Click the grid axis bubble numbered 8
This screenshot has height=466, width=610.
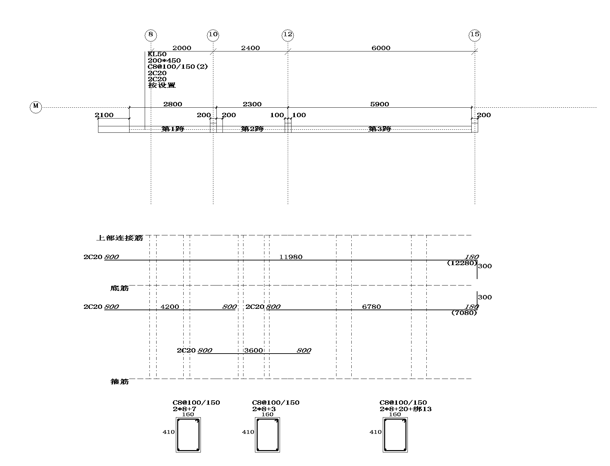pyautogui.click(x=151, y=35)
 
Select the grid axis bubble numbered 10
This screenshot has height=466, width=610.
pyautogui.click(x=213, y=35)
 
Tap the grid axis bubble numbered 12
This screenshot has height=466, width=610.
pyautogui.click(x=288, y=35)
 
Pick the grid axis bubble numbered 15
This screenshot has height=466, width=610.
pyautogui.click(x=475, y=35)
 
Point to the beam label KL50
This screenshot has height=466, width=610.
pyautogui.click(x=157, y=54)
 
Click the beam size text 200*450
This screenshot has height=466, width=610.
pyautogui.click(x=164, y=61)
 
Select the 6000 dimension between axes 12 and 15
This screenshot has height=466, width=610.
pyautogui.click(x=381, y=48)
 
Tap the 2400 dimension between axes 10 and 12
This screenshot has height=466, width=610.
pyautogui.click(x=251, y=48)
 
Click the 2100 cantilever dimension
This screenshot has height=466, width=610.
pyautogui.click(x=104, y=115)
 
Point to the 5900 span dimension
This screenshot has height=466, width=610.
pyautogui.click(x=380, y=104)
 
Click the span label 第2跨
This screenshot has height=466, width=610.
pyautogui.click(x=252, y=129)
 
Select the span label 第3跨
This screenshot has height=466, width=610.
pyautogui.click(x=380, y=129)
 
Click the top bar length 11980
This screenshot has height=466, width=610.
pyautogui.click(x=291, y=257)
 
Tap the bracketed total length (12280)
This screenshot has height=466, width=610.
pyautogui.click(x=462, y=263)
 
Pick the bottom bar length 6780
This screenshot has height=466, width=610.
pyautogui.click(x=372, y=307)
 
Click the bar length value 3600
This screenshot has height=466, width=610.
pyautogui.click(x=254, y=351)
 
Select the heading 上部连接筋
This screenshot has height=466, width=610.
pyautogui.click(x=120, y=238)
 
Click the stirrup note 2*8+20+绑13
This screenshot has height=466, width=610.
pyautogui.click(x=406, y=409)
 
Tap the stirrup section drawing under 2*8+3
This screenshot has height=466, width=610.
pyautogui.click(x=267, y=435)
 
